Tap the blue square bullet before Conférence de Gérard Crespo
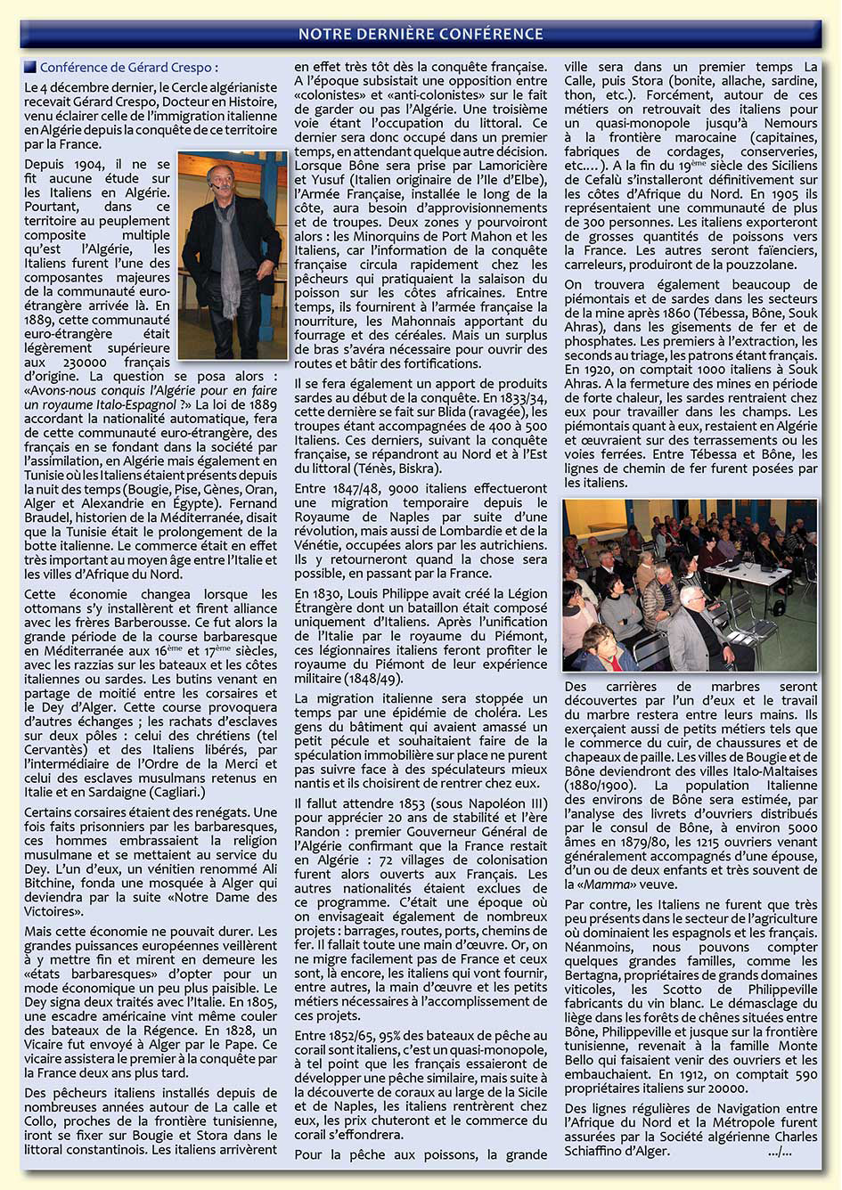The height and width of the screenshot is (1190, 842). pos(30,67)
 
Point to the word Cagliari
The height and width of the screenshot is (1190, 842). pos(176,792)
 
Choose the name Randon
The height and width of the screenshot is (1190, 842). pos(317,832)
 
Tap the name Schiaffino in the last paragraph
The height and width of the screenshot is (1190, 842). pos(607,1151)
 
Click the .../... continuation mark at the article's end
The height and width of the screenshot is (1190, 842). pos(779,1151)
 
